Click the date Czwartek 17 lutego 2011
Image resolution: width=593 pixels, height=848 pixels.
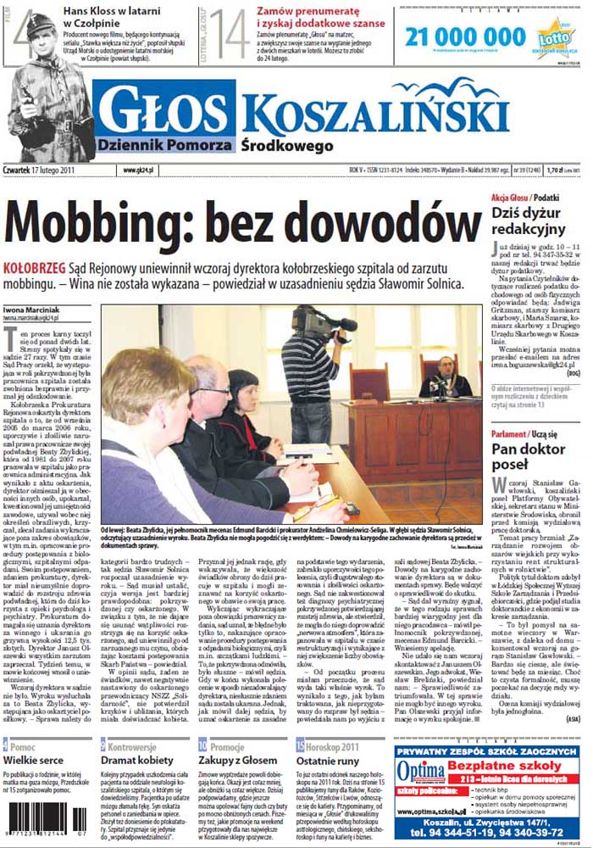(47, 170)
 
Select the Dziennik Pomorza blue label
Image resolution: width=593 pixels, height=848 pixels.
(160, 145)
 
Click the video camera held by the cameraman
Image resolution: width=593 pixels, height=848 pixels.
(314, 323)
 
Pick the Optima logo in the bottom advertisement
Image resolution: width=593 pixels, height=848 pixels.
(419, 776)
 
